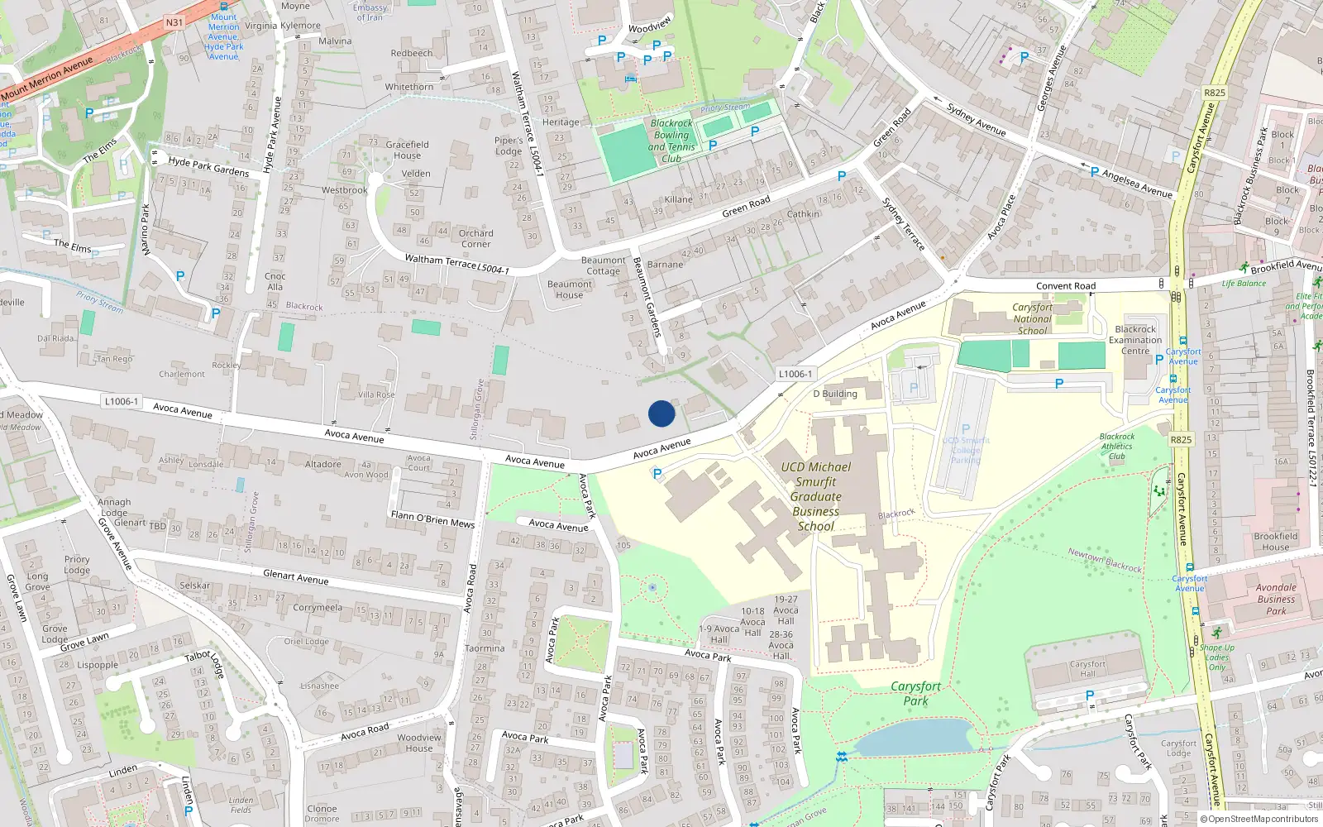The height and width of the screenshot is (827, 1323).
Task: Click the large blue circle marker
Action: (661, 413)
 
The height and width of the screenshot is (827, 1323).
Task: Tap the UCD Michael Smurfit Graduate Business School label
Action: (816, 496)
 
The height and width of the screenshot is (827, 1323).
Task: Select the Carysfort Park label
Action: (915, 693)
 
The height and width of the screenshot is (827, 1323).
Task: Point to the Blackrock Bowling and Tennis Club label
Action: (671, 141)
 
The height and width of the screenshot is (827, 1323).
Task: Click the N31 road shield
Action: (174, 22)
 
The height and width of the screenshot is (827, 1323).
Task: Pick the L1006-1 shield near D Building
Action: (795, 374)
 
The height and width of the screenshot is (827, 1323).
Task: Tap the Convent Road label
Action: (1066, 286)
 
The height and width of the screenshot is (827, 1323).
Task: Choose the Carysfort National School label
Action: (1032, 318)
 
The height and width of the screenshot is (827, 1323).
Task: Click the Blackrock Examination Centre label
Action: (1135, 340)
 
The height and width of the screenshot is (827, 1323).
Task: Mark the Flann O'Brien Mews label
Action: (432, 519)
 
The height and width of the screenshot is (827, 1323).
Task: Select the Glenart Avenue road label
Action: (295, 576)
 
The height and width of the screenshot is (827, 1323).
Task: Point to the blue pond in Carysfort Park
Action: (914, 736)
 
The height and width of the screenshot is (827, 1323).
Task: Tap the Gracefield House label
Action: (407, 150)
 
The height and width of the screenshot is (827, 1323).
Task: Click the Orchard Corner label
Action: (475, 238)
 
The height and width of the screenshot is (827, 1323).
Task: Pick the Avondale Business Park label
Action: (1276, 599)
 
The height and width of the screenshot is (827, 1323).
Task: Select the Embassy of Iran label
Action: (370, 12)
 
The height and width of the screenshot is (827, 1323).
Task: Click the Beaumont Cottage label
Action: (604, 265)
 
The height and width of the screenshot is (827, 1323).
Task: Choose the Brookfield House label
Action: (1275, 542)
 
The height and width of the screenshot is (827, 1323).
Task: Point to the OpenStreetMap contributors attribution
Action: (1259, 819)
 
